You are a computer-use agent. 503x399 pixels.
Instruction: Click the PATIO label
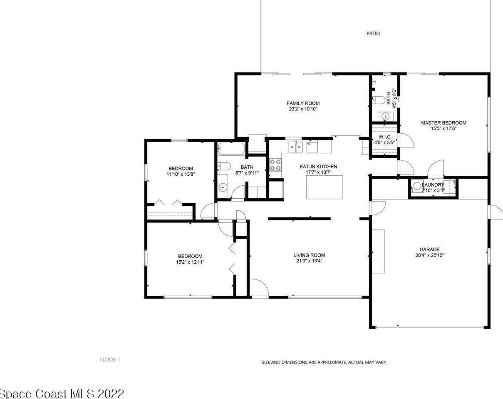coord(373,33)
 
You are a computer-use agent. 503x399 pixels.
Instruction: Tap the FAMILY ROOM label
coord(303,103)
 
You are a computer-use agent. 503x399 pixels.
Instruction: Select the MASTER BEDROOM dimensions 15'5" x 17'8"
coord(444,128)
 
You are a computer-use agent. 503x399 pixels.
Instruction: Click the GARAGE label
coord(430,249)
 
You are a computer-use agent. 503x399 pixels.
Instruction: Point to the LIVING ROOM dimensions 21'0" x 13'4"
coord(309,261)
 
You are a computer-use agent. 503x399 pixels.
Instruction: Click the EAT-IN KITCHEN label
coord(318,167)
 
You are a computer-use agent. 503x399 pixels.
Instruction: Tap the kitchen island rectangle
coord(324,187)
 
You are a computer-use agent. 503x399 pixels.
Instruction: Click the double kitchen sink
coord(296,147)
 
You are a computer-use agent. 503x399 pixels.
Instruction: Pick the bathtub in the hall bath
coord(231,149)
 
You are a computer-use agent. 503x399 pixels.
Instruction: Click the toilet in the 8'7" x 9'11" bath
coord(224,166)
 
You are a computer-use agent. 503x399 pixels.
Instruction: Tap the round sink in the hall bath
coord(223,187)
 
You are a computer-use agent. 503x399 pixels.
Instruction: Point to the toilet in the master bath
coord(379,100)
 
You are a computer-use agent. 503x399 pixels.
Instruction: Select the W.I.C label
coord(384,137)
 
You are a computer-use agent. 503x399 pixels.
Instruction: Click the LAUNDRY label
coord(433,185)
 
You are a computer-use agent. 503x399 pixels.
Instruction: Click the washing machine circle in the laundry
coord(417,186)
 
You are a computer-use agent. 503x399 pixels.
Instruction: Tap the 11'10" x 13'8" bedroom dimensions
coord(181,175)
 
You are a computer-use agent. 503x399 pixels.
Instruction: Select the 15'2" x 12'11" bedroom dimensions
coord(190,262)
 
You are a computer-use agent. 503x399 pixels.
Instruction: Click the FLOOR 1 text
coord(110,360)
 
